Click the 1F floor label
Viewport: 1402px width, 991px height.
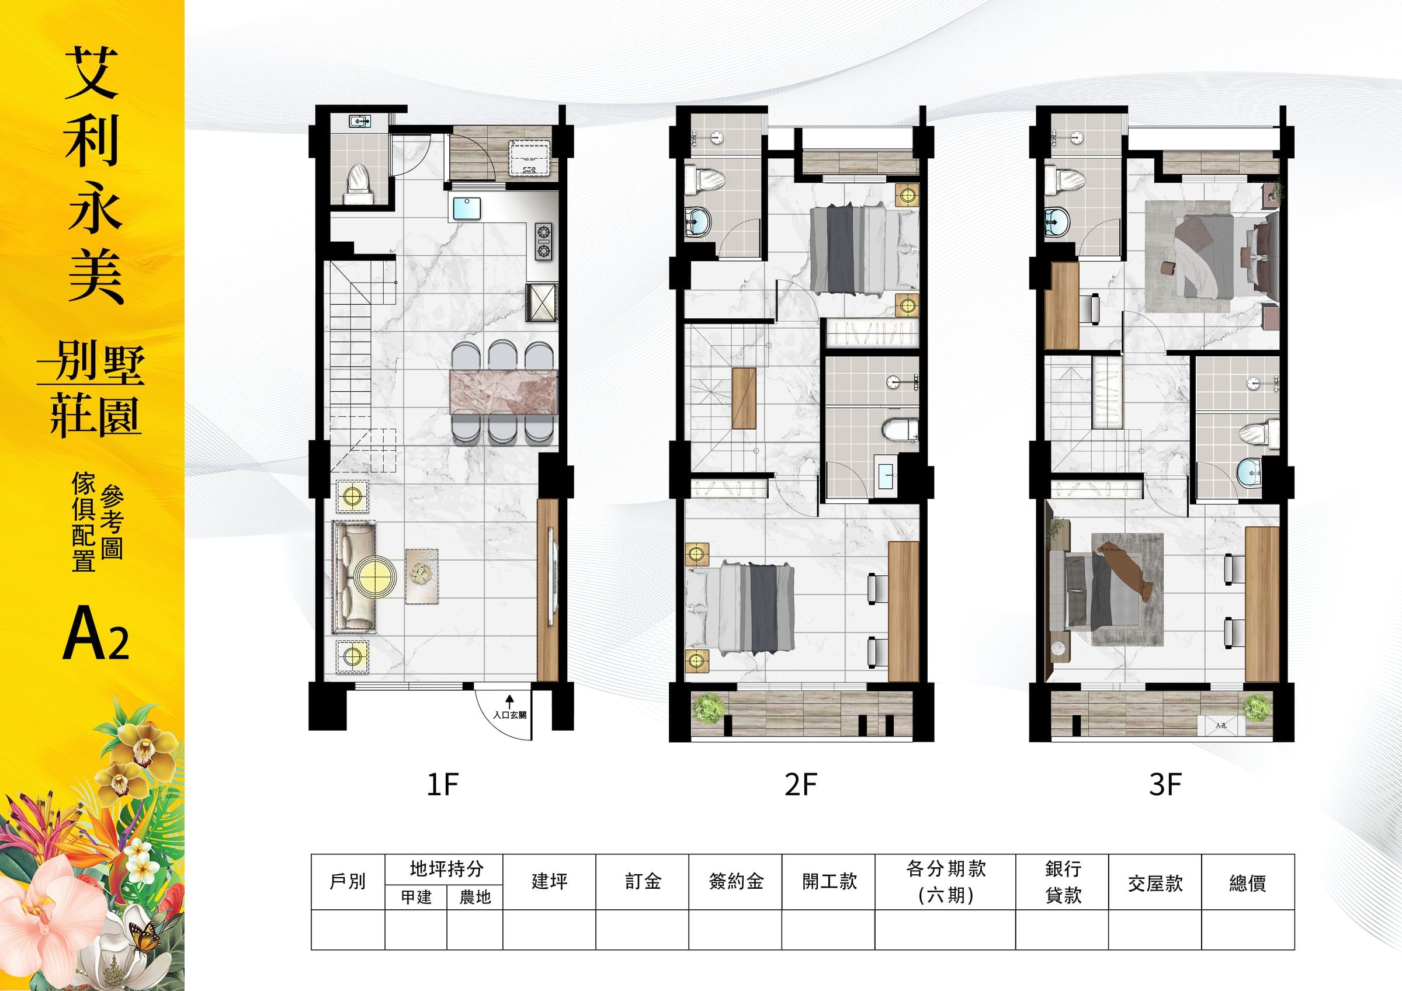coord(442,785)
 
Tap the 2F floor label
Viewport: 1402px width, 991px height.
coord(800,785)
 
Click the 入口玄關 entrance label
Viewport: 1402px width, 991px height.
coord(509,715)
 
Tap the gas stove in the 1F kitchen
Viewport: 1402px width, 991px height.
coord(543,242)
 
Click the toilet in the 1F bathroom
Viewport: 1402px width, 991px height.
coord(359,184)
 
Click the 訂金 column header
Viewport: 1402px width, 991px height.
coord(643,881)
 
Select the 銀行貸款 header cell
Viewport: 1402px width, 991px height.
coord(1063,882)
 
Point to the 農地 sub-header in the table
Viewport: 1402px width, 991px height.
coord(475,896)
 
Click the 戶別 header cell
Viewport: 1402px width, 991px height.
coord(348,881)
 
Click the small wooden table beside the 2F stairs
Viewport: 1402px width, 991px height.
coord(744,398)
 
